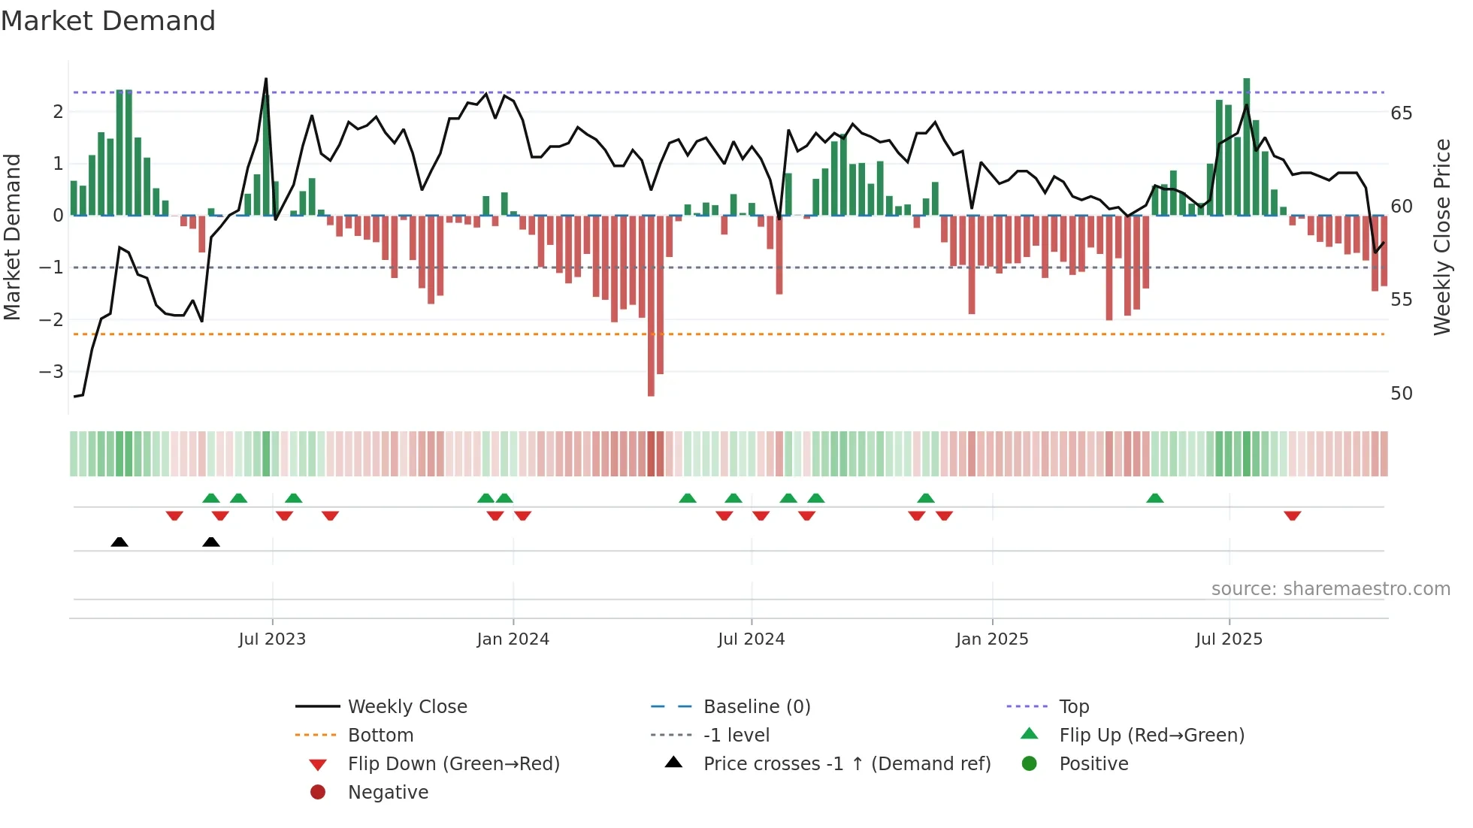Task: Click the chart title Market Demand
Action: tap(108, 21)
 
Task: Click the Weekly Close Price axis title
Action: tap(1441, 237)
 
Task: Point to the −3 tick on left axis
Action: tap(51, 371)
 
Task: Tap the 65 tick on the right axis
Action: tap(1401, 113)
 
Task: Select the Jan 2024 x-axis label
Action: tap(513, 639)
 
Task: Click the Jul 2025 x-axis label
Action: tap(1229, 639)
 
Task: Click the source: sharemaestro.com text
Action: tap(1330, 589)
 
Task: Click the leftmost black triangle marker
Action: tap(119, 542)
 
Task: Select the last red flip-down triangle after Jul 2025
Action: tap(1293, 515)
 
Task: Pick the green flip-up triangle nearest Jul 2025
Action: tap(1155, 498)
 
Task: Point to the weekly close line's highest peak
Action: tap(266, 80)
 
